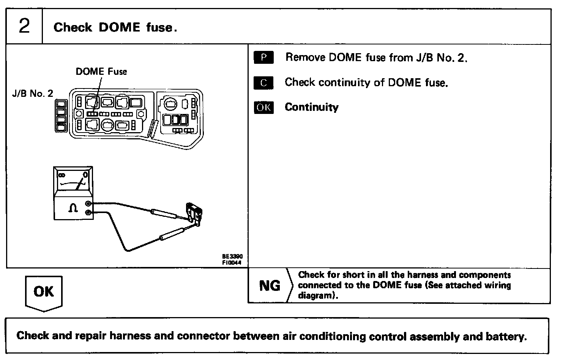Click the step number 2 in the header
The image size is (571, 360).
point(24,27)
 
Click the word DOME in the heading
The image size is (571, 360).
point(119,27)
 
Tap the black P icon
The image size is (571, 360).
point(263,57)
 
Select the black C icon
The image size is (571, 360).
point(263,82)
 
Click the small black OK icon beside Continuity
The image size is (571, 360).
point(263,107)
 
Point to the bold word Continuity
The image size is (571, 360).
point(312,107)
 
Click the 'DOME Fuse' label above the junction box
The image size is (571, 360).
point(101,71)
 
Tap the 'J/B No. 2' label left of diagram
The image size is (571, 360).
point(33,93)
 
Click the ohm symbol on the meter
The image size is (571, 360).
point(73,208)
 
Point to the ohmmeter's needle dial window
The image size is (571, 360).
point(73,180)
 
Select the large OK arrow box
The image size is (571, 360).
point(44,292)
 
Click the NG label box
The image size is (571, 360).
point(269,286)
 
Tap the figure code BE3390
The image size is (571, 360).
point(232,257)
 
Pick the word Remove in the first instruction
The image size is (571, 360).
point(306,57)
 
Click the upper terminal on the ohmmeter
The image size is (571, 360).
point(89,204)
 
